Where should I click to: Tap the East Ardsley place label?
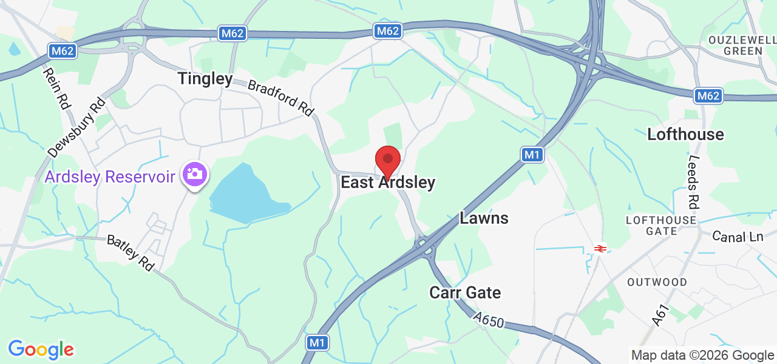388,183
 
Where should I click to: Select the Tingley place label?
205,79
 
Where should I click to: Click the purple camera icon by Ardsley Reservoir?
194,175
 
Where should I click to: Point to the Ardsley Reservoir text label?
110,177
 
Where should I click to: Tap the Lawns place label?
484,218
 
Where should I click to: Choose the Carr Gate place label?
465,293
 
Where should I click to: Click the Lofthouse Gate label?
661,225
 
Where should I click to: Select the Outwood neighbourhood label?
657,282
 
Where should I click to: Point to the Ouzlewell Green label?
742,45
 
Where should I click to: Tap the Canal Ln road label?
738,237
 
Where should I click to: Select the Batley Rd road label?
131,252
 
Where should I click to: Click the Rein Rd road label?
56,89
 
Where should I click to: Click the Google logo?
41,349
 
